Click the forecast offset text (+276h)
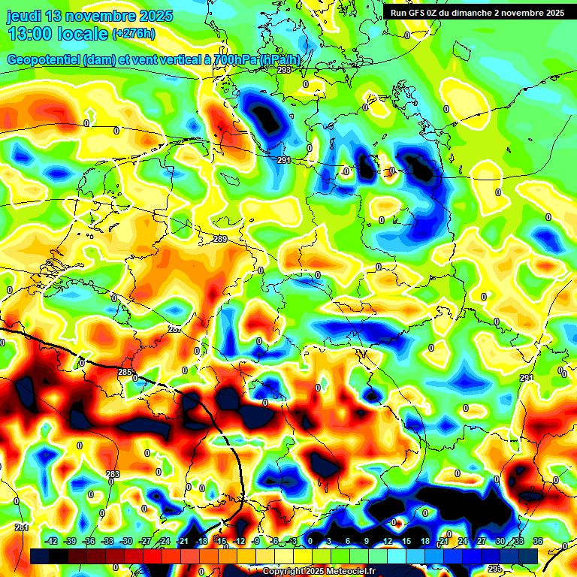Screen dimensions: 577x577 134,34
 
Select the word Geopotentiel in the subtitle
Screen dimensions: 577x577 45,60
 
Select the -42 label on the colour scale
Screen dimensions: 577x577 51,541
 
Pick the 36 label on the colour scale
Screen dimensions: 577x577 537,541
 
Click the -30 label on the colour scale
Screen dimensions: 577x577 126,541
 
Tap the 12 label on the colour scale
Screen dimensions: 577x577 387,541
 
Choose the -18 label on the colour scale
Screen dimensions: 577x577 201,541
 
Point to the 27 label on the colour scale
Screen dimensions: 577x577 481,541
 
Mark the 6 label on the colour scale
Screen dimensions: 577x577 349,541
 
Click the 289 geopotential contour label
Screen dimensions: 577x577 220,239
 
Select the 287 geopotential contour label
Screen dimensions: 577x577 174,330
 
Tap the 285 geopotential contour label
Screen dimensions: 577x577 125,372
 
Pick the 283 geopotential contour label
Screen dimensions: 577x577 113,473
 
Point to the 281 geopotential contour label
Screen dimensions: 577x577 22,527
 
